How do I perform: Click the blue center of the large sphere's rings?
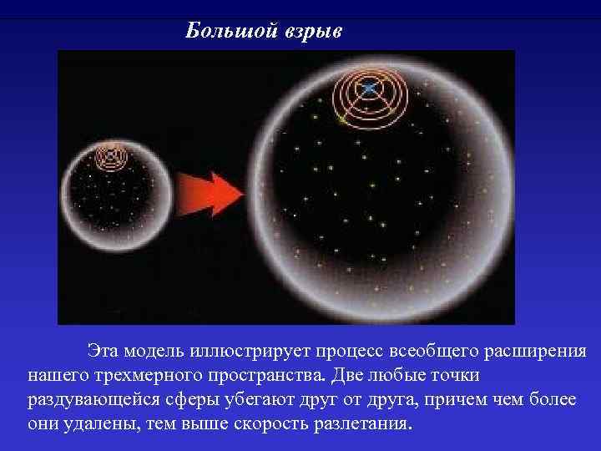pos(368,88)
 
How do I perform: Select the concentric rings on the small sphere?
pos(109,155)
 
